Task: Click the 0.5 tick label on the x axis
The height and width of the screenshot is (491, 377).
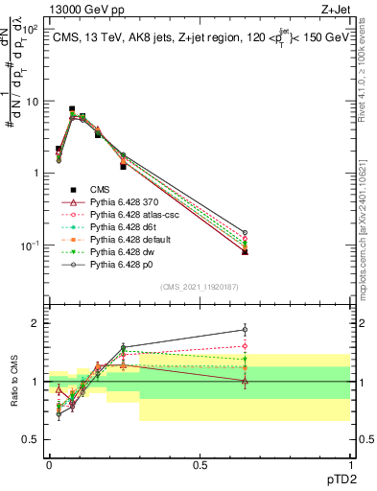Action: point(200,463)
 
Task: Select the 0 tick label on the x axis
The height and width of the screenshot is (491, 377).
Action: point(49,463)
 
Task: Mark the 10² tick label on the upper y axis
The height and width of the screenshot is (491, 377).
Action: point(31,30)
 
